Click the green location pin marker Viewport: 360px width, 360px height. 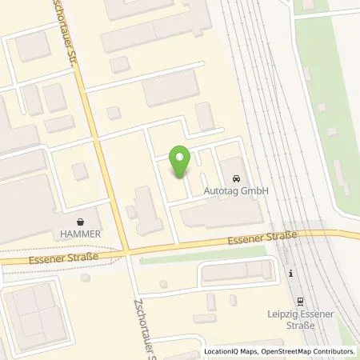pyautogui.click(x=181, y=161)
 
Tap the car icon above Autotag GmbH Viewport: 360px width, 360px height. pyautogui.click(x=237, y=178)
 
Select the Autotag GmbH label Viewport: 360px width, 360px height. pyautogui.click(x=237, y=191)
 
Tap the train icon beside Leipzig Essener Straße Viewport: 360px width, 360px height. pyautogui.click(x=299, y=302)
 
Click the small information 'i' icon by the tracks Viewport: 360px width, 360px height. pyautogui.click(x=291, y=274)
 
